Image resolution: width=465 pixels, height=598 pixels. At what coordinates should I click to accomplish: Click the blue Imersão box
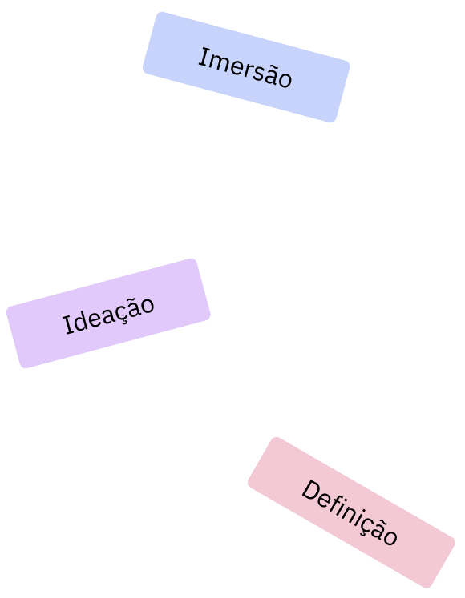(246, 67)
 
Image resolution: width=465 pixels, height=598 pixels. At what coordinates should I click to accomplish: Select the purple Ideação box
(108, 314)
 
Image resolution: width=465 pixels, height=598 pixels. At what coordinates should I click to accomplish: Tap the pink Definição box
(351, 512)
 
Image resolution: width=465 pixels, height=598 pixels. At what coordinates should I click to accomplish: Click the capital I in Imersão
(204, 58)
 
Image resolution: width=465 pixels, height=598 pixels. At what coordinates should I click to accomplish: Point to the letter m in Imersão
(220, 64)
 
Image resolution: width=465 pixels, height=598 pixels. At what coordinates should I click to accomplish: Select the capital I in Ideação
(69, 325)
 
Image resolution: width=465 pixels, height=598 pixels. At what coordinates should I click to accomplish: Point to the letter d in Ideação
(83, 319)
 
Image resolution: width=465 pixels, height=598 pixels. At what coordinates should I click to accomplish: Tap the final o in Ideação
(148, 305)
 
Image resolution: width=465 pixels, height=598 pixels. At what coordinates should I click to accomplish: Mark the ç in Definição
(369, 525)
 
